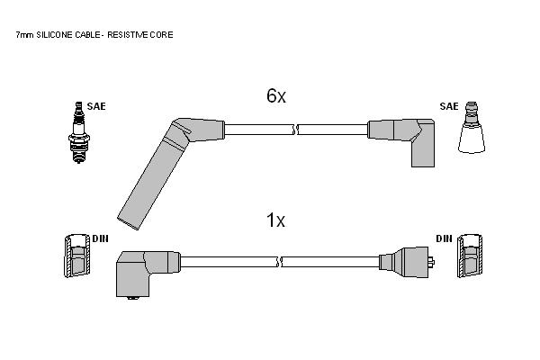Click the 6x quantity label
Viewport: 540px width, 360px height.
[x=276, y=95]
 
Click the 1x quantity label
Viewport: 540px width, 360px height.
[x=276, y=220]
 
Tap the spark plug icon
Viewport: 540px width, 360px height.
[x=79, y=132]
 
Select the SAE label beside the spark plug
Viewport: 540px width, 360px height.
[x=96, y=106]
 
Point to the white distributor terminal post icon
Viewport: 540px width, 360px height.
[x=472, y=128]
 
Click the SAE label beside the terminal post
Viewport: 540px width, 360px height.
[x=449, y=106]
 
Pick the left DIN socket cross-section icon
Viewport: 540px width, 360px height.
[x=77, y=256]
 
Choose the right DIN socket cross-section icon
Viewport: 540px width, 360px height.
[x=470, y=256]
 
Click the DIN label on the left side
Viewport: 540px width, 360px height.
[x=100, y=238]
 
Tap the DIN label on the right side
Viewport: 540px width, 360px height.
[x=444, y=238]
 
